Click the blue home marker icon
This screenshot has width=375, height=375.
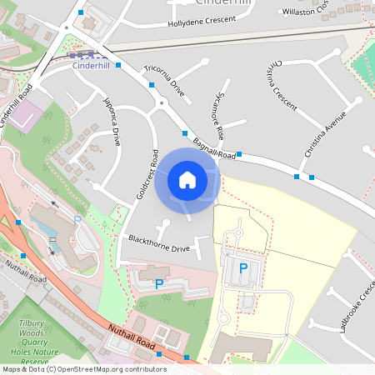click(x=187, y=179)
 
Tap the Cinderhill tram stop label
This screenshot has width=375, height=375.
click(x=91, y=64)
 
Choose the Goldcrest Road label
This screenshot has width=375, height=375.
click(x=147, y=174)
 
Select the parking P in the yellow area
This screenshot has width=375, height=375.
click(x=243, y=268)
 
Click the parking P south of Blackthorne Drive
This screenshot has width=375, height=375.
click(x=159, y=284)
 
